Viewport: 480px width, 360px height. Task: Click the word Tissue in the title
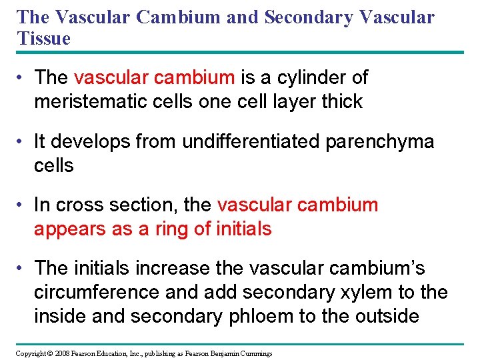point(44,39)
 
